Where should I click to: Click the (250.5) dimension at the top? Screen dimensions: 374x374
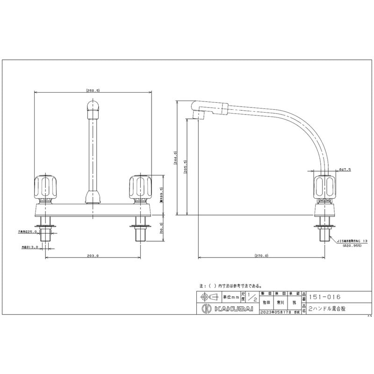(93, 91)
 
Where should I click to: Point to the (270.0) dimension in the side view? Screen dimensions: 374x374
(261, 256)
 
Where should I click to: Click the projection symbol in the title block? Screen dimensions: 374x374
(209, 297)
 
